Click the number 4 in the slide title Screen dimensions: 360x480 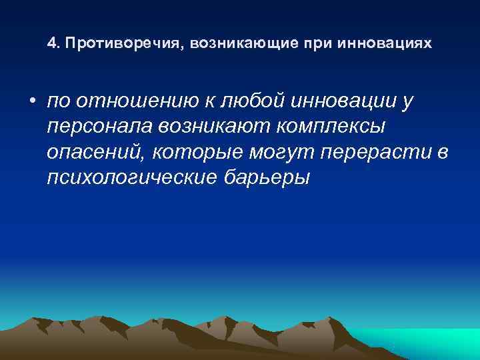tap(51, 44)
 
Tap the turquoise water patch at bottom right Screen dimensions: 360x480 tap(440, 343)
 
